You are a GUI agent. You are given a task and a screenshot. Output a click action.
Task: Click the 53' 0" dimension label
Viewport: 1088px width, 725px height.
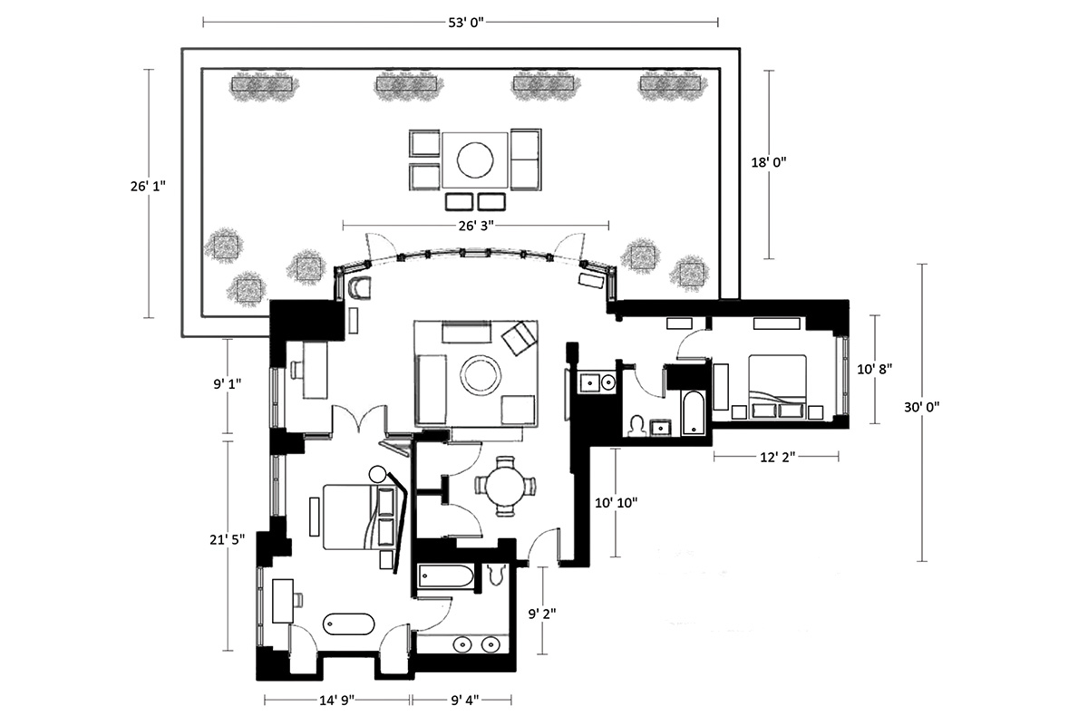(466, 23)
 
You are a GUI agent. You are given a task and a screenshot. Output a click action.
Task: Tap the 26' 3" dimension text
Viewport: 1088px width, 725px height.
(476, 226)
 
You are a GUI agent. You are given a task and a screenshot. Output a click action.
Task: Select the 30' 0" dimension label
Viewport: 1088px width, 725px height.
(921, 407)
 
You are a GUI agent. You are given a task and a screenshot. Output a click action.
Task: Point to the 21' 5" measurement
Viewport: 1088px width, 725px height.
(228, 539)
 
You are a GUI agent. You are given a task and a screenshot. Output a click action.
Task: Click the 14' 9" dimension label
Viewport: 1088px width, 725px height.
(336, 701)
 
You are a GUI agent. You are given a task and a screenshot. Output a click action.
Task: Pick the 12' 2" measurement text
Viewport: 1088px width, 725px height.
(778, 457)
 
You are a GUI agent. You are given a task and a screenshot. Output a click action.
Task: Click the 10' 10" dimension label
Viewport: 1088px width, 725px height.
(616, 503)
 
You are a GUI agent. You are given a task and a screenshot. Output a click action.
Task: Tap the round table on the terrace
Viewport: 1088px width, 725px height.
(475, 159)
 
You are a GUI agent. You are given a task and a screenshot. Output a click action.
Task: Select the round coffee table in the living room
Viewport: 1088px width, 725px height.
(481, 375)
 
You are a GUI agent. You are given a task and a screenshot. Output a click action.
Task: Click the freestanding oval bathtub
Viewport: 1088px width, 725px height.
(349, 624)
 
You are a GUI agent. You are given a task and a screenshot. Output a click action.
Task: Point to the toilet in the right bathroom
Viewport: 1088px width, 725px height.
(636, 426)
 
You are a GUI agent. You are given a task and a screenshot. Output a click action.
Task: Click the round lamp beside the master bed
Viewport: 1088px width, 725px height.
(377, 473)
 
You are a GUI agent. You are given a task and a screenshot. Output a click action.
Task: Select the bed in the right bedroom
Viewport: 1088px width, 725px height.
(777, 387)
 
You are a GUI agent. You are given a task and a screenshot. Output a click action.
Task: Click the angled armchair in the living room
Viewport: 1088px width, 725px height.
(519, 338)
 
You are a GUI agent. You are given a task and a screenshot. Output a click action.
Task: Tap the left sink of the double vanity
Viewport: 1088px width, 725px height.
(462, 645)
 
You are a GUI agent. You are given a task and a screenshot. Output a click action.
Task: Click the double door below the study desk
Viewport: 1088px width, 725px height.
(359, 418)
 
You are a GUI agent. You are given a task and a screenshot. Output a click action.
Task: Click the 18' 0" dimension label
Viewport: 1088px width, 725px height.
(769, 163)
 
